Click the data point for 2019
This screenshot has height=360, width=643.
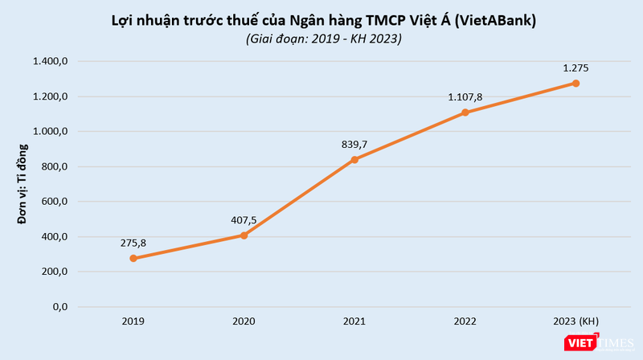coord(133,259)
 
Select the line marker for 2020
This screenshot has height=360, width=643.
coord(244,235)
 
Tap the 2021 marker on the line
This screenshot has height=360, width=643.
coord(354,160)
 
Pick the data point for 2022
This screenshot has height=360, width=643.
coord(465,112)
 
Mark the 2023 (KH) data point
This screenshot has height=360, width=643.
coord(576,84)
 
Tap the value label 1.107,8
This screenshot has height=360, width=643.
coord(465,96)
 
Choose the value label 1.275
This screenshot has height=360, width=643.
coord(576,67)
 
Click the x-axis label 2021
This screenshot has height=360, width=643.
coord(354,321)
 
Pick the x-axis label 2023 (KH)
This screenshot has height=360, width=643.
coord(576,321)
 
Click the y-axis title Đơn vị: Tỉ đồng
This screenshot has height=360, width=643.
coord(24,184)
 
